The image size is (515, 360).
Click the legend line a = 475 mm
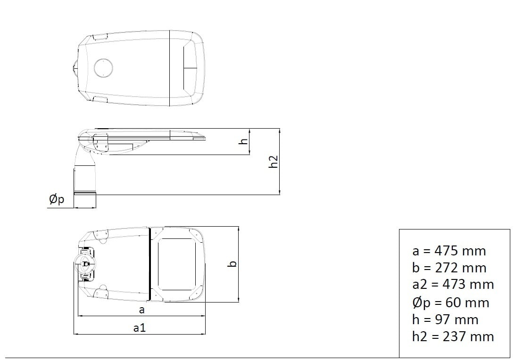coord(449,251)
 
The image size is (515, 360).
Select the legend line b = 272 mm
coord(449,268)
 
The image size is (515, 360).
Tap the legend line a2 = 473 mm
coord(453,284)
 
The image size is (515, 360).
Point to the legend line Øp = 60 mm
coord(451,302)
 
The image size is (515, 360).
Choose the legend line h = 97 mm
coord(445,319)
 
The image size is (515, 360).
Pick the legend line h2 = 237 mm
coord(453,336)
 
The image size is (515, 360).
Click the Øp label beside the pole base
coord(57,199)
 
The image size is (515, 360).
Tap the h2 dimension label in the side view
coord(273,162)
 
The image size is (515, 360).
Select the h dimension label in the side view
coord(244,141)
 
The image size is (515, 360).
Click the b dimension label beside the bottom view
coord(232,264)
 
